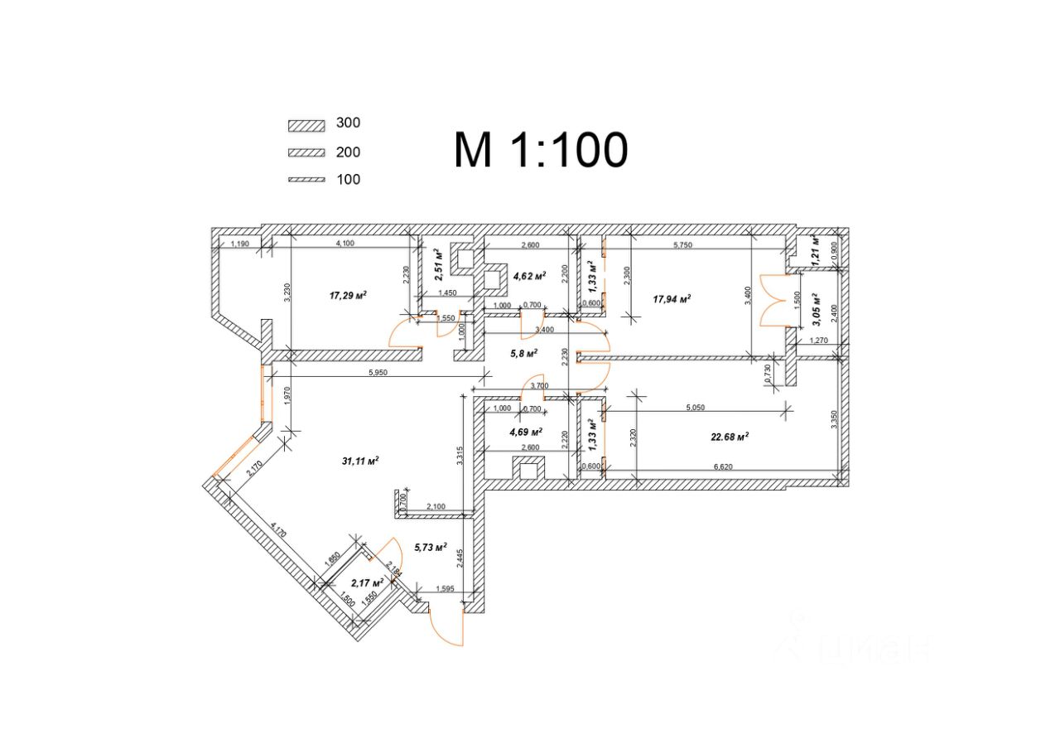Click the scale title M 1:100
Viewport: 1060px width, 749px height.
click(x=540, y=150)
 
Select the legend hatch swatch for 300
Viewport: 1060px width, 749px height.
click(x=306, y=125)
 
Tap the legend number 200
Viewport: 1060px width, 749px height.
click(x=349, y=152)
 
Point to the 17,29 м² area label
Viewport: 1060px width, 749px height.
click(x=348, y=295)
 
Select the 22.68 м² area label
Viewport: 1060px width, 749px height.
click(x=730, y=437)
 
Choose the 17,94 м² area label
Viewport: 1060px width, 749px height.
click(x=672, y=299)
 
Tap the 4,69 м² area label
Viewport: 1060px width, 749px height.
click(x=525, y=432)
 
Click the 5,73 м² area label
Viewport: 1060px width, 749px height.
click(x=429, y=548)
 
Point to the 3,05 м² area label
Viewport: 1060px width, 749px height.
click(x=816, y=306)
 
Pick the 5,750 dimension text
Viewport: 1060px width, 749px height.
click(x=682, y=245)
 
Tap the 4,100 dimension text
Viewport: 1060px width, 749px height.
click(x=345, y=244)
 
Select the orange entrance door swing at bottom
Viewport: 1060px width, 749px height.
click(x=448, y=626)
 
